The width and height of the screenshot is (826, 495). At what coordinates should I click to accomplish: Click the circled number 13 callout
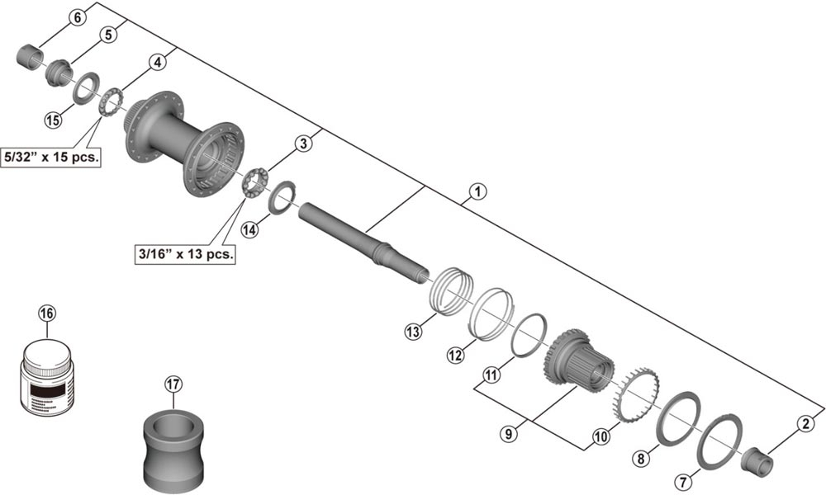tap(414, 331)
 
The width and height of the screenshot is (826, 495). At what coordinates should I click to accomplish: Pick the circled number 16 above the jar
tap(47, 313)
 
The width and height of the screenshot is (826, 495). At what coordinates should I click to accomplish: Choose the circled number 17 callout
tap(173, 384)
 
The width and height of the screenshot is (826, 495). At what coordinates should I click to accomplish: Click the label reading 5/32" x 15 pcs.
tap(51, 158)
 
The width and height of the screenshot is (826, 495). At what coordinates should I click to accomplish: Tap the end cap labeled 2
tap(756, 459)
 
